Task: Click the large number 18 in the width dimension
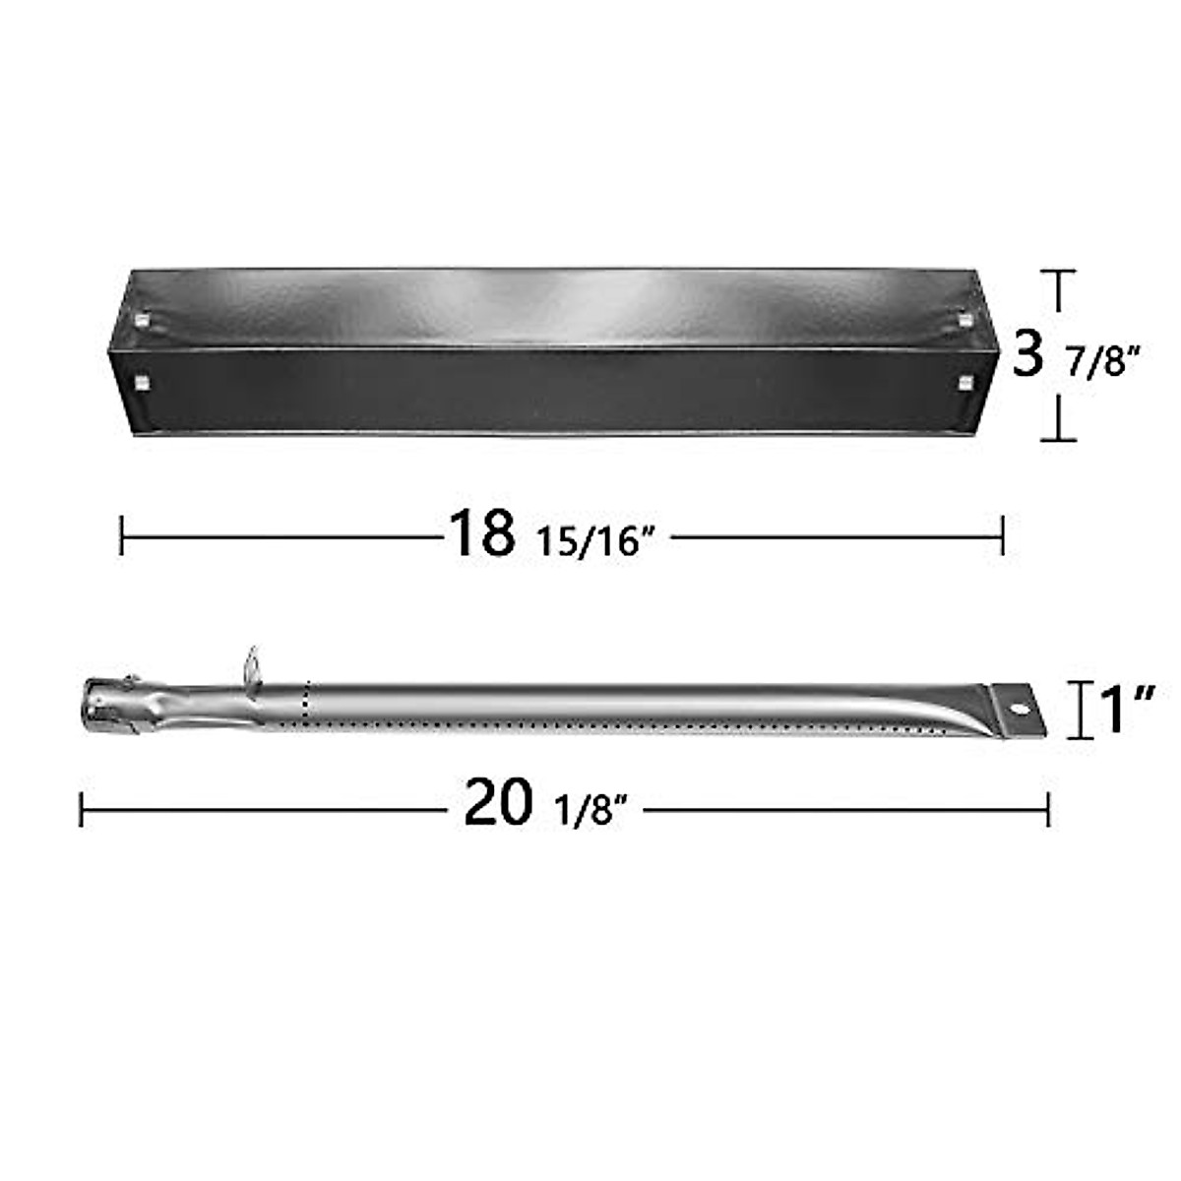[481, 533]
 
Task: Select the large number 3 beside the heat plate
[1027, 353]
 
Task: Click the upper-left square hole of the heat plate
[143, 322]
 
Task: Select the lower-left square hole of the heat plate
[143, 381]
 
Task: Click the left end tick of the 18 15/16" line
[121, 536]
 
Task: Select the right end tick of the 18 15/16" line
[1002, 536]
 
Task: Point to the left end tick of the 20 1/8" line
[81, 812]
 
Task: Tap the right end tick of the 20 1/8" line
[1048, 812]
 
